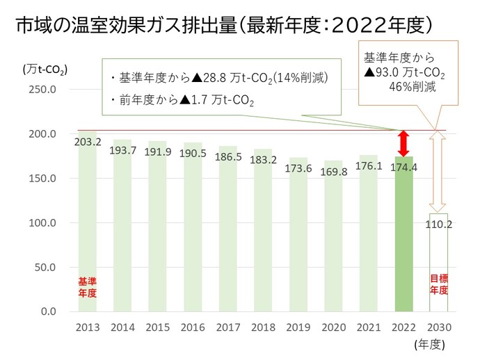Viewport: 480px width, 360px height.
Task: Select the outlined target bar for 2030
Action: coord(438,271)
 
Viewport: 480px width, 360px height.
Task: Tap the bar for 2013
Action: coord(88,229)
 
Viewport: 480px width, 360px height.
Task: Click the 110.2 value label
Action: coord(438,224)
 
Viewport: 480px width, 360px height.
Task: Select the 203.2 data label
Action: coord(88,142)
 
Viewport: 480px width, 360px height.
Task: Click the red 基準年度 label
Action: coord(88,287)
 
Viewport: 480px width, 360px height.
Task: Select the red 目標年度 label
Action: coord(438,285)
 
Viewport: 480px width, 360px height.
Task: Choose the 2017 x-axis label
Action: coord(228,327)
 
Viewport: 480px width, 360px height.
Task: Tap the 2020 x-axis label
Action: coord(333,327)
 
